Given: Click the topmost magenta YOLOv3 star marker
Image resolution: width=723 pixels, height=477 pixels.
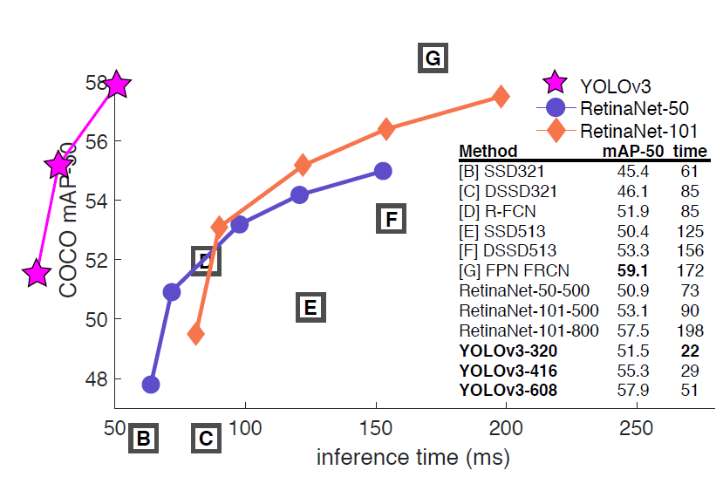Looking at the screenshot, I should [x=117, y=85].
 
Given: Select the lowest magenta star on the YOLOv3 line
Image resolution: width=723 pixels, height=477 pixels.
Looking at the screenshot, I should [x=37, y=273].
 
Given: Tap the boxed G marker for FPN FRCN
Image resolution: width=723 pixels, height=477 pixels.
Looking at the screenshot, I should [x=432, y=58].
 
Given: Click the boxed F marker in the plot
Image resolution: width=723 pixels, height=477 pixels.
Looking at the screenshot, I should [x=392, y=218].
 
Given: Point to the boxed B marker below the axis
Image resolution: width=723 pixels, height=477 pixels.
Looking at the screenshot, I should [x=144, y=439].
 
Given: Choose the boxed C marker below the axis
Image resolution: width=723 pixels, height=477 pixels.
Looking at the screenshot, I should [x=206, y=439].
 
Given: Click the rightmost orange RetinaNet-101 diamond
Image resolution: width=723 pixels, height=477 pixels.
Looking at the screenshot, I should [x=501, y=97].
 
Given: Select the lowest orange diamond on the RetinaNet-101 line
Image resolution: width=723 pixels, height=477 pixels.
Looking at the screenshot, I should [x=196, y=333].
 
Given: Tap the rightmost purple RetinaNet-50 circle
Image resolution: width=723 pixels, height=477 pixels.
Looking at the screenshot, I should [x=382, y=171].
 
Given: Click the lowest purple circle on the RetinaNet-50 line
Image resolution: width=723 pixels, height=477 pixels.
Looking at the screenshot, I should [x=151, y=384].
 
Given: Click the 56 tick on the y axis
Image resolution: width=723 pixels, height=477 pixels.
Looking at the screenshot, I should [x=95, y=141].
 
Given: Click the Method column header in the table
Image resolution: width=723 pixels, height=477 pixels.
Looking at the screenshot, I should [x=488, y=151].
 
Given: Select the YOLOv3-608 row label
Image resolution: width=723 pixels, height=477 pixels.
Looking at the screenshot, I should [x=508, y=391].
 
